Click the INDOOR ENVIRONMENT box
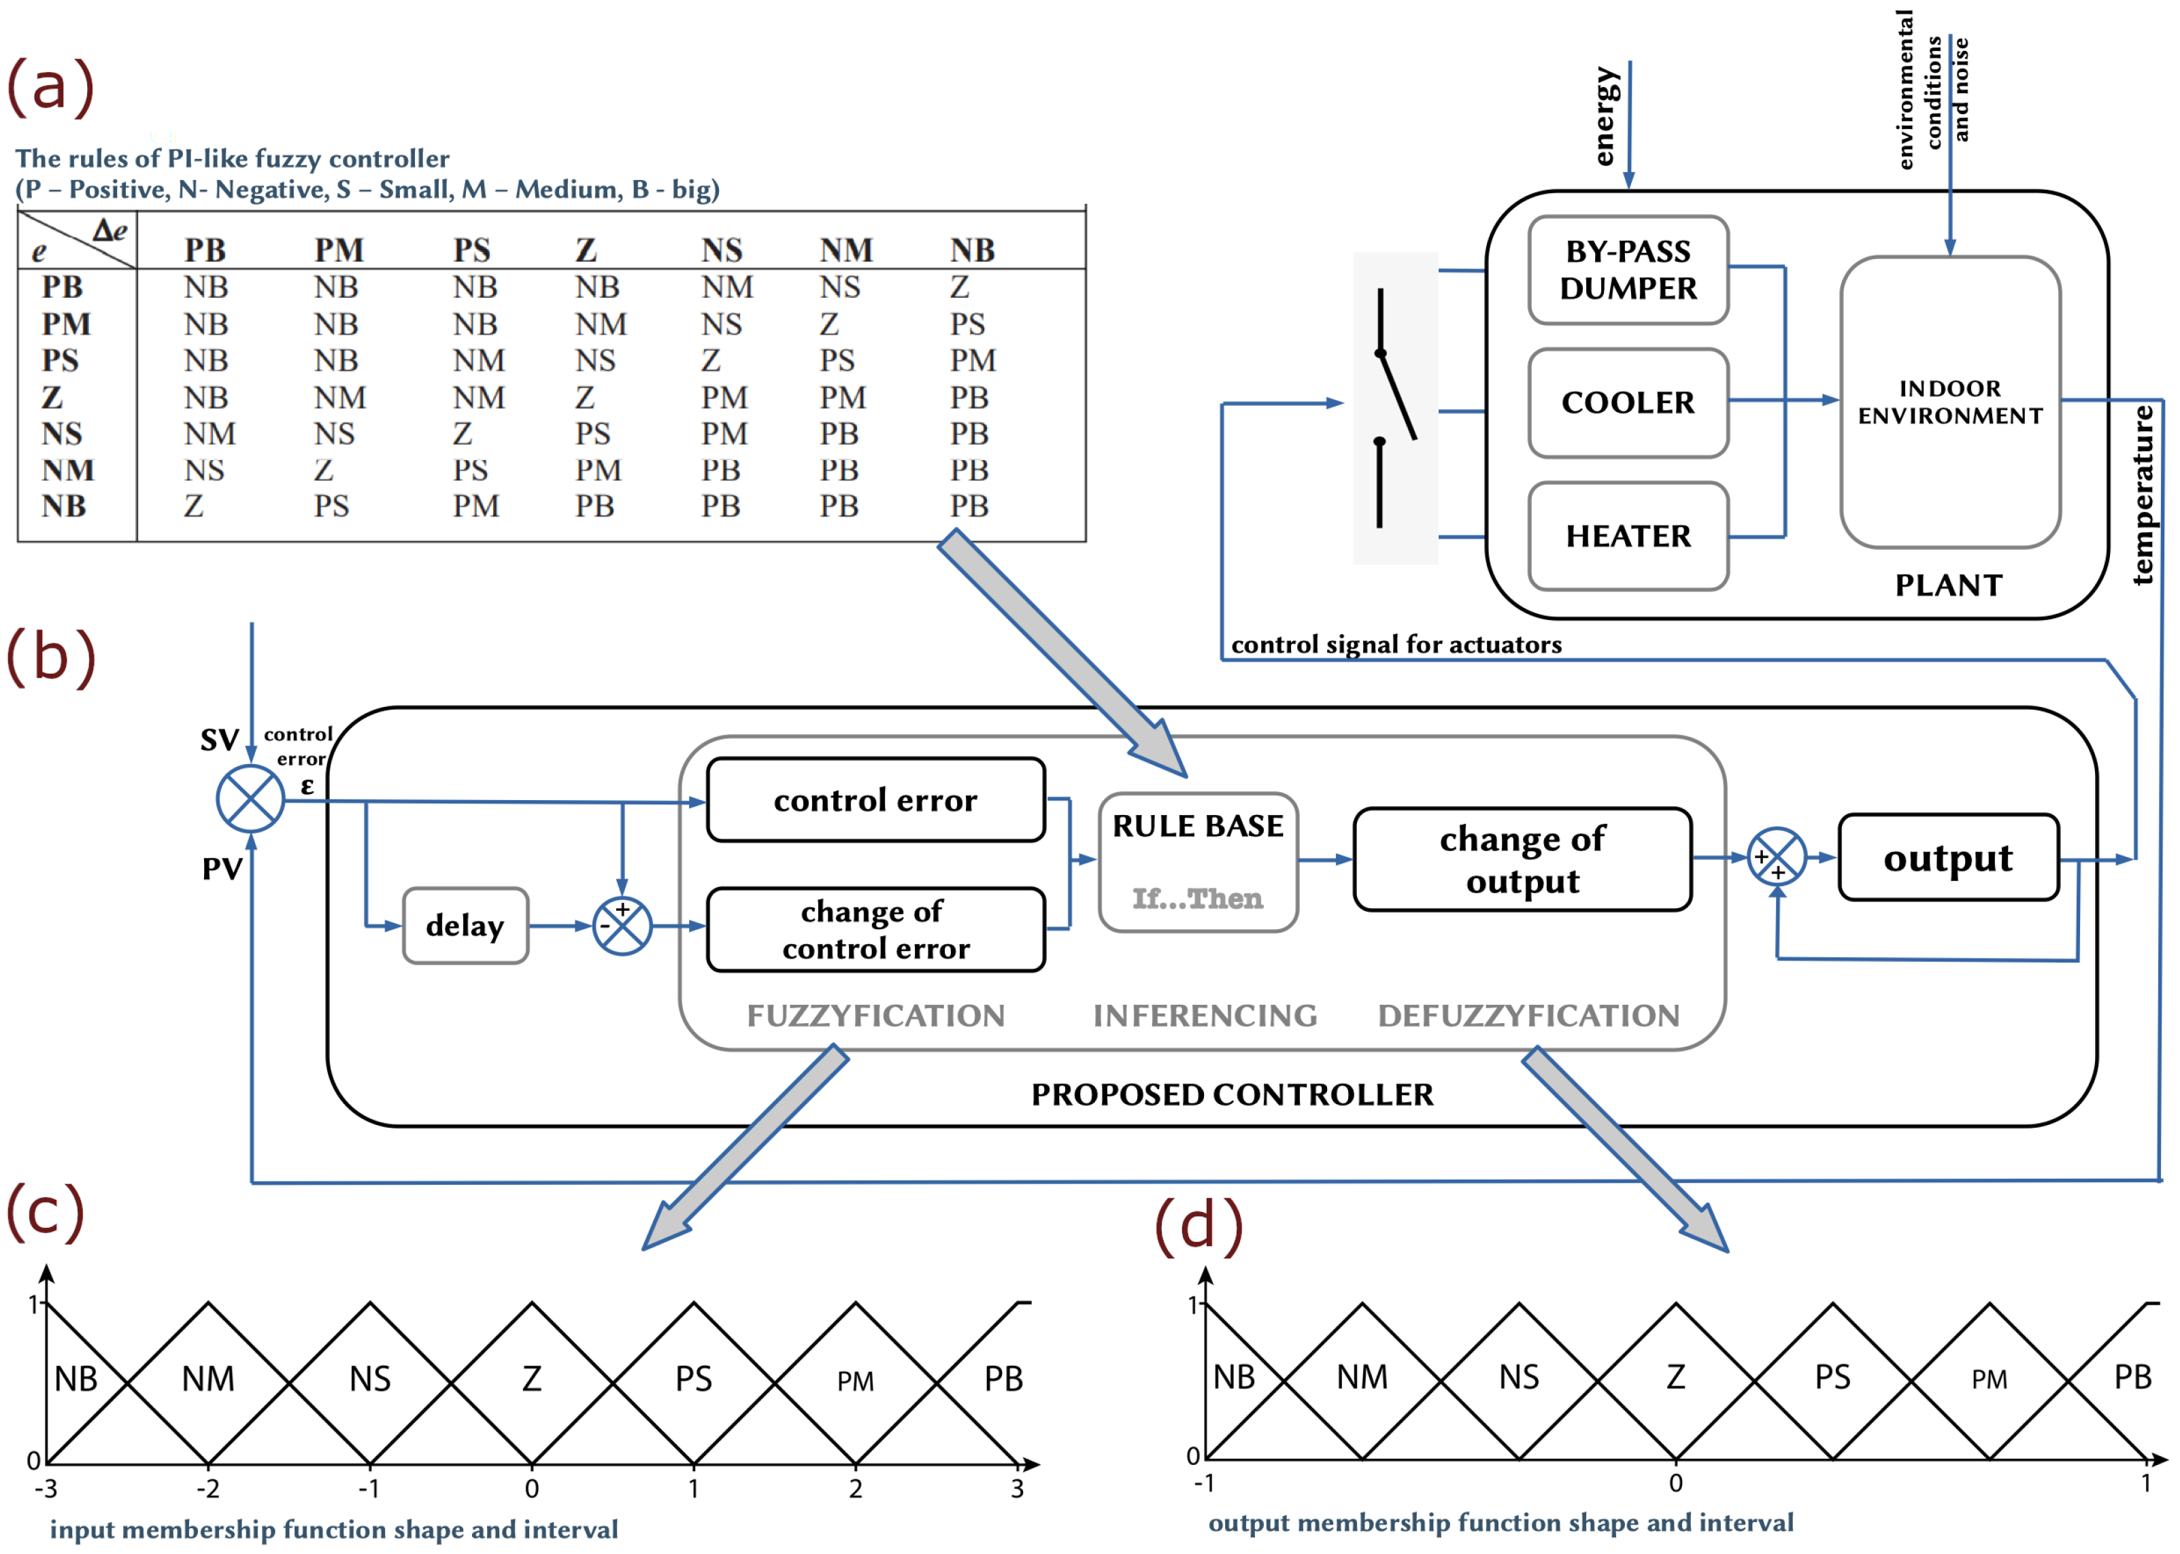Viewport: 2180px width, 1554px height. click(x=1949, y=402)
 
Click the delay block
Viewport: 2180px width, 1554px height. click(x=465, y=925)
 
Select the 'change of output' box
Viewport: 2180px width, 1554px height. click(x=1522, y=859)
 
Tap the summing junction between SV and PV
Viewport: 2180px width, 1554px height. click(x=250, y=798)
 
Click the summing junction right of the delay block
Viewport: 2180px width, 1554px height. click(x=622, y=925)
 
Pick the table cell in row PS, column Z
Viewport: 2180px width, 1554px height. click(x=594, y=361)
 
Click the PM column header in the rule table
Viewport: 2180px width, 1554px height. click(x=339, y=251)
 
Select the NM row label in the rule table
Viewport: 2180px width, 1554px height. click(x=67, y=470)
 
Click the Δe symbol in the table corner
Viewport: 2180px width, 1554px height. click(x=109, y=230)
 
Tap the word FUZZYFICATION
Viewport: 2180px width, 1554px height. click(x=875, y=1016)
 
